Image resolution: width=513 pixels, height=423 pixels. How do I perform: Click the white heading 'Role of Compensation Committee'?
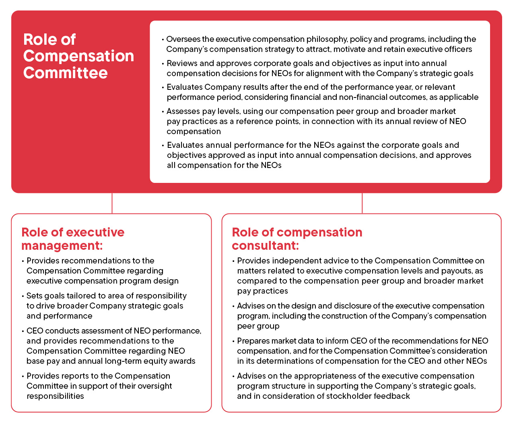pos(78,56)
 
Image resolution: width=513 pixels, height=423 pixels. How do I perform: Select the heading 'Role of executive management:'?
pos(73,239)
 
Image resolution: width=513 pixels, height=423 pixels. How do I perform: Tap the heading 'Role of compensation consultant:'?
pos(297,239)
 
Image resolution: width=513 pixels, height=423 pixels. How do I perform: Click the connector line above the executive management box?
pos(112,203)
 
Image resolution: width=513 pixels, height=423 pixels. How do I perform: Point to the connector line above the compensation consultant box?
pos(362,203)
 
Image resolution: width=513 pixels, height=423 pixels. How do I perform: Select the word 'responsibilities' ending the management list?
pos(55,396)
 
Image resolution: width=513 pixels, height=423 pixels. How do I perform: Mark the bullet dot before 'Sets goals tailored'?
pos(23,296)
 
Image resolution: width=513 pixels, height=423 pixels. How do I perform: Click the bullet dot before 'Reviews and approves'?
pos(163,64)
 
